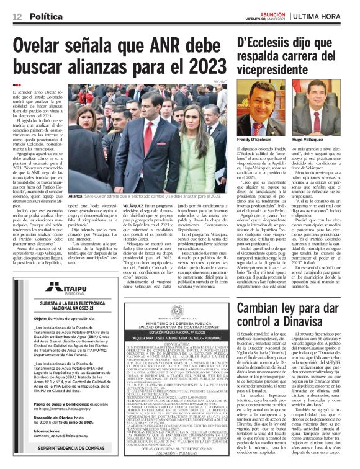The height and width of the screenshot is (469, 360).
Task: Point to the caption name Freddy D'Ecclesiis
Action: tap(256, 141)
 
